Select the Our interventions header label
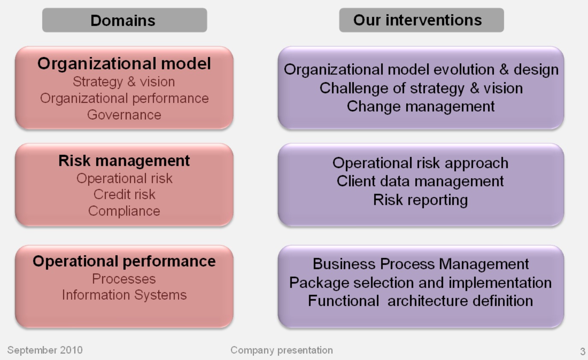tap(417, 20)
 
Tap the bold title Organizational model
tap(124, 64)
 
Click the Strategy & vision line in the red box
tap(124, 82)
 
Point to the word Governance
tap(124, 115)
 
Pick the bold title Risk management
tap(124, 161)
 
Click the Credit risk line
tap(124, 195)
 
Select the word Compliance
tap(124, 211)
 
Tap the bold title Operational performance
tap(124, 261)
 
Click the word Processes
tap(124, 279)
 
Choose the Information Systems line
tap(124, 295)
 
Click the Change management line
tap(421, 106)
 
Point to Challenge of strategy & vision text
tap(421, 88)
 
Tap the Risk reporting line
tap(420, 200)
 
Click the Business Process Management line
tap(421, 264)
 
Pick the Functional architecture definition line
tap(420, 301)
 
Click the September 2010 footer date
tap(45, 351)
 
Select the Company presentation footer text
tap(281, 351)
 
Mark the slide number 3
tap(582, 352)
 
